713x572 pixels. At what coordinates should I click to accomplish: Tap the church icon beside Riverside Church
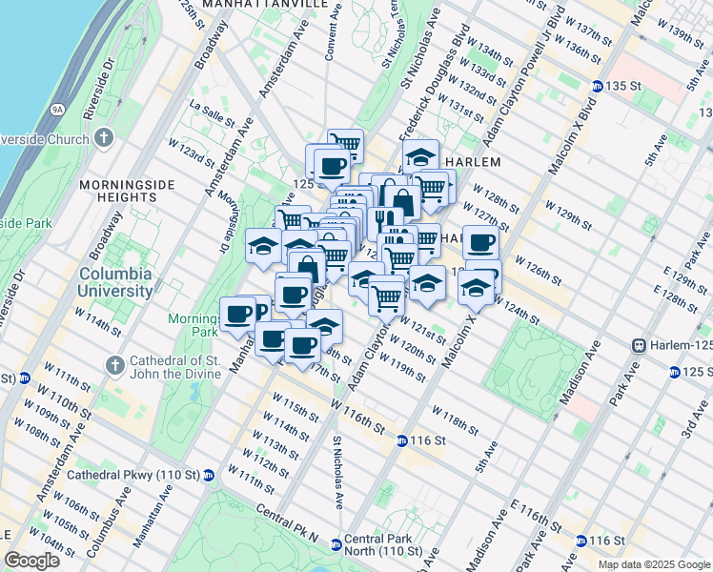103,139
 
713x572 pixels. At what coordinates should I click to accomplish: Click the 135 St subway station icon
597,86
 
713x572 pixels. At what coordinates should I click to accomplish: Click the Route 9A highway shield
57,110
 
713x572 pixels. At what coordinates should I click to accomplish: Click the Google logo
32,560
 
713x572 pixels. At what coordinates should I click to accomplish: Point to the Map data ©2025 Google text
653,564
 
